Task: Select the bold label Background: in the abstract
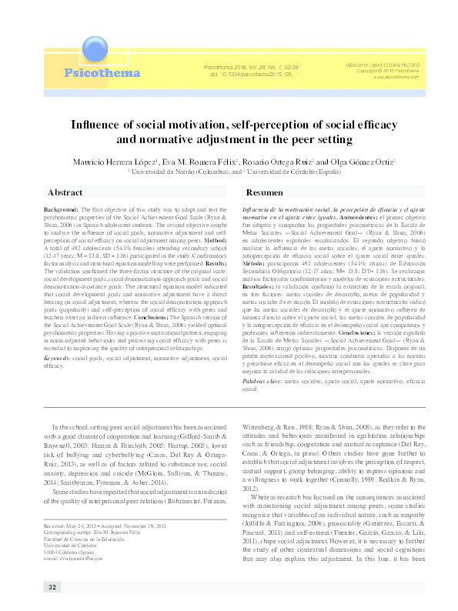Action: point(61,209)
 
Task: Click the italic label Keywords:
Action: point(59,359)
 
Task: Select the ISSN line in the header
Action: point(388,65)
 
